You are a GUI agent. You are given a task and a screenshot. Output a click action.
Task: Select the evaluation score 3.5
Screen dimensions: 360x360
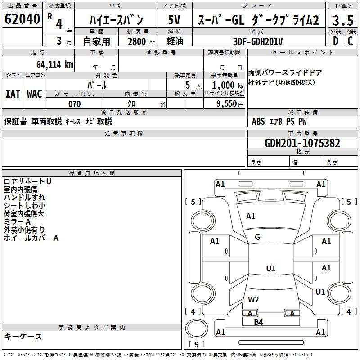click(342, 21)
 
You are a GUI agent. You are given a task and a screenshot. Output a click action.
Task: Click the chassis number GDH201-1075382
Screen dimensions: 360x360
click(302, 143)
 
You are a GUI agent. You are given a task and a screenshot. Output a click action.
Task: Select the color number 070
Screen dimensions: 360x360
click(74, 104)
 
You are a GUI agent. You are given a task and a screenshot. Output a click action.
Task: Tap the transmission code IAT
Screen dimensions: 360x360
click(13, 94)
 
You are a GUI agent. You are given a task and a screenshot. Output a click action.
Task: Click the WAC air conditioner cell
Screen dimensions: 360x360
click(35, 94)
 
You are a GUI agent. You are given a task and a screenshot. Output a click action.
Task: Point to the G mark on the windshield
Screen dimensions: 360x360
click(257, 237)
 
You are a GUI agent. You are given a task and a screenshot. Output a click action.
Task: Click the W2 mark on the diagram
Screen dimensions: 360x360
click(253, 299)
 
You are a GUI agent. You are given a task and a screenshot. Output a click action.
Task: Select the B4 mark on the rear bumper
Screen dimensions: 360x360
click(258, 322)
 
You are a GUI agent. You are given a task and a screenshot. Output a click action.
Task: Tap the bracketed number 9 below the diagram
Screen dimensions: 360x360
click(196, 345)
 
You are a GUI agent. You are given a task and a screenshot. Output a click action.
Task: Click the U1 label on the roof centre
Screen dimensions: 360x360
click(271, 269)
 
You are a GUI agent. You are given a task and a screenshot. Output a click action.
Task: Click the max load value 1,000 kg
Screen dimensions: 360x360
click(224, 85)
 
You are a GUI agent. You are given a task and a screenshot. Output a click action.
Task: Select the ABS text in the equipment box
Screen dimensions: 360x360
click(258, 121)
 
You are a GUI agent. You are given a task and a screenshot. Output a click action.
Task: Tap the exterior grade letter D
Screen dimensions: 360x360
click(335, 41)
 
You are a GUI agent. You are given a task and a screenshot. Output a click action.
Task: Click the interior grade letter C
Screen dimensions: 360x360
click(350, 41)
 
